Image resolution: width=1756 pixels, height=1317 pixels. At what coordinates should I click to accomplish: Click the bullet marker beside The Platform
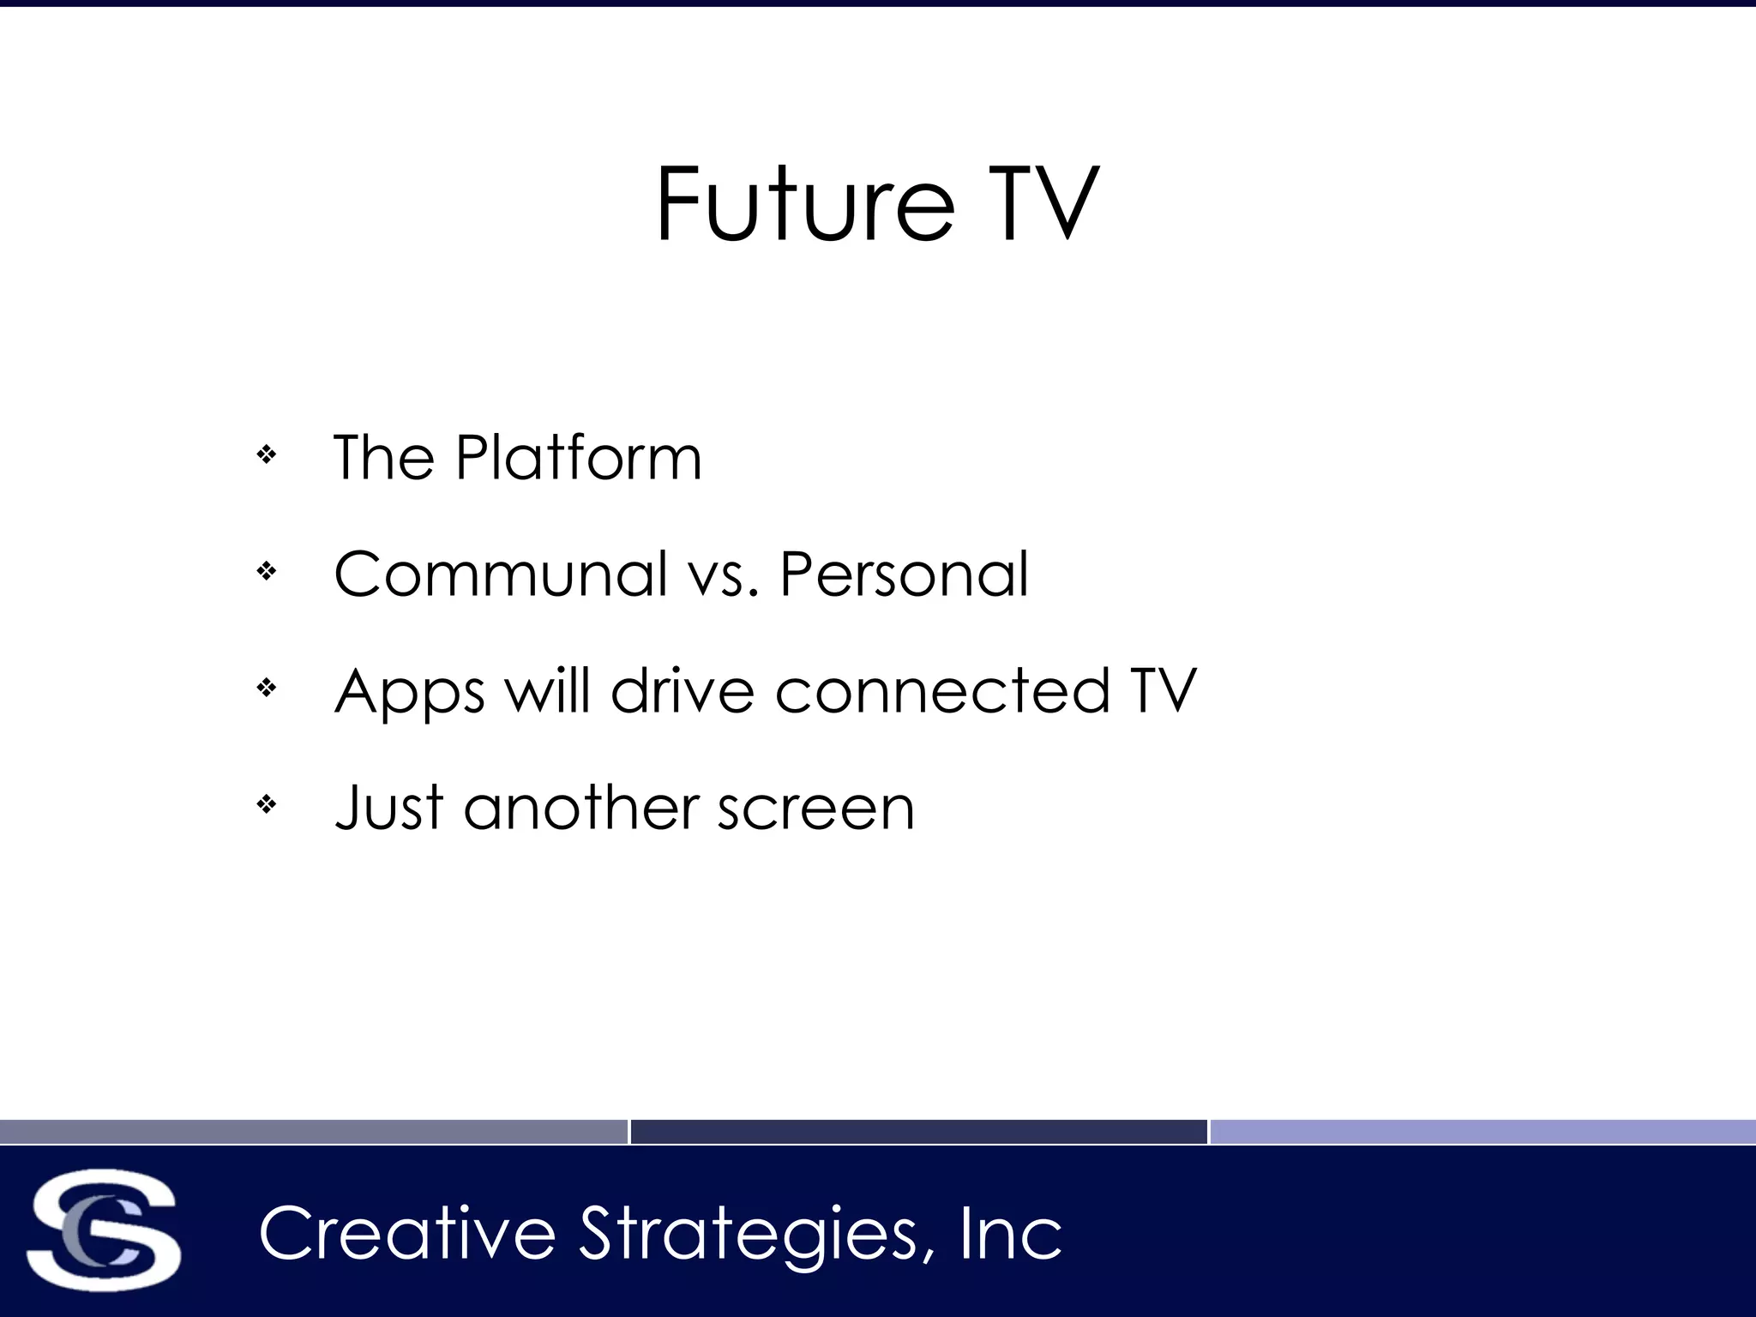click(x=267, y=454)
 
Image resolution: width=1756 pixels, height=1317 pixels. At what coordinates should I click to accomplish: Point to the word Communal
click(x=501, y=574)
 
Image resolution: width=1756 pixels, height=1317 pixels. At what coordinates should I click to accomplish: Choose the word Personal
click(x=904, y=574)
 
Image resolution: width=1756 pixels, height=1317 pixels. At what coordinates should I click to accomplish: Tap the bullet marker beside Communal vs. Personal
click(x=267, y=571)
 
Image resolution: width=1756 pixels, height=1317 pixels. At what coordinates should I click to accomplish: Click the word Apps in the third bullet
click(x=409, y=693)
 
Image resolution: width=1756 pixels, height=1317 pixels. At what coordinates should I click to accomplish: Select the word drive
click(x=683, y=691)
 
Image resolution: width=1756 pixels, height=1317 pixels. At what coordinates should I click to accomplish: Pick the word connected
click(x=942, y=691)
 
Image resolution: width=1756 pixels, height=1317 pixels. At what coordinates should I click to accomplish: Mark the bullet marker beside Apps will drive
click(x=267, y=688)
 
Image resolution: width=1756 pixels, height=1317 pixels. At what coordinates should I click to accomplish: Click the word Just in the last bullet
click(x=388, y=808)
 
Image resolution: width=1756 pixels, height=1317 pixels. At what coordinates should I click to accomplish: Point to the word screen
click(x=816, y=809)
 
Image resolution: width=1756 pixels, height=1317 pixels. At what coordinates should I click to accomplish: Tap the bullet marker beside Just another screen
click(x=267, y=804)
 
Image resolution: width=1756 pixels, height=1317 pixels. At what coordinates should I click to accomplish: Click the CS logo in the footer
click(x=104, y=1231)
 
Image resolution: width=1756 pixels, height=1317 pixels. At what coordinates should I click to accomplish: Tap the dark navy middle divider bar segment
click(x=918, y=1132)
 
